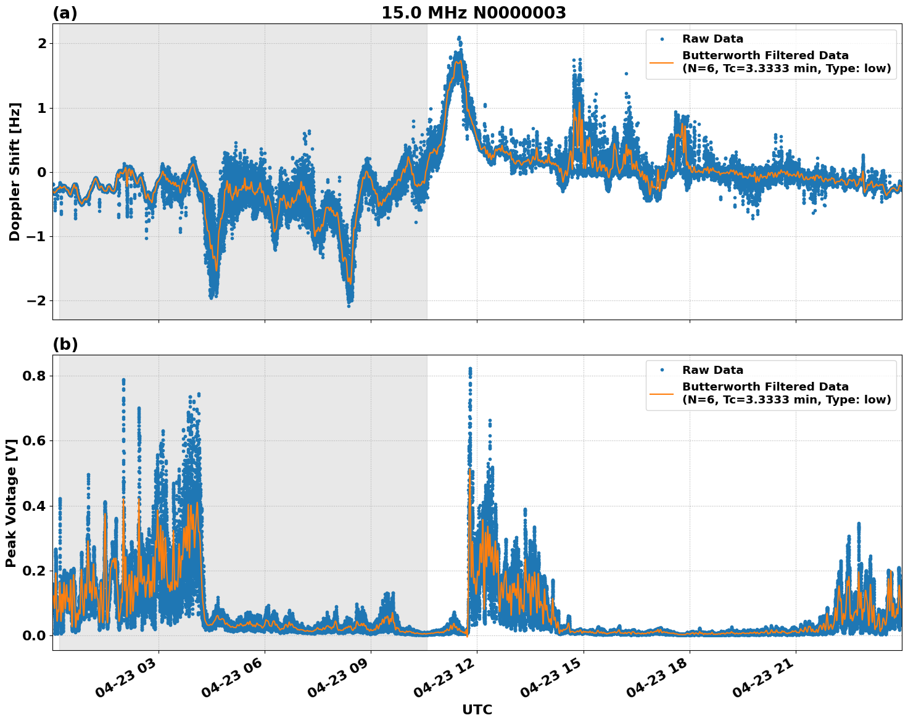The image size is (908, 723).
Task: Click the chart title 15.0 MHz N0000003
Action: [x=473, y=13]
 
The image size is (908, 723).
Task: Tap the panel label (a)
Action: [x=65, y=13]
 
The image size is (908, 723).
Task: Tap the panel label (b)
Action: [x=65, y=344]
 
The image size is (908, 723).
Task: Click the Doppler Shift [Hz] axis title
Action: [x=15, y=171]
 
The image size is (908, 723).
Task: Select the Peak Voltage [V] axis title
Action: [x=11, y=503]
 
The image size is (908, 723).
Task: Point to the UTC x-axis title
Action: [x=477, y=709]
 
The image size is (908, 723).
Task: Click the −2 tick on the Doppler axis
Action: [x=35, y=300]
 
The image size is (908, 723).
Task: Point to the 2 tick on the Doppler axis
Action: [x=41, y=43]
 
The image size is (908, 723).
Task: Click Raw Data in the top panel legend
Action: [x=712, y=39]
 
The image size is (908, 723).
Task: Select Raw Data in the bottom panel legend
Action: [x=712, y=370]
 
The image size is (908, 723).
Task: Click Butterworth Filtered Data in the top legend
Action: [x=765, y=56]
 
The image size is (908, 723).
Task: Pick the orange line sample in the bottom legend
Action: [x=662, y=393]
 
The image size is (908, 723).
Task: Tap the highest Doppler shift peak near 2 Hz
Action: [x=459, y=38]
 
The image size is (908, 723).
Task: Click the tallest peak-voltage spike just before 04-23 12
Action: [x=470, y=369]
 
